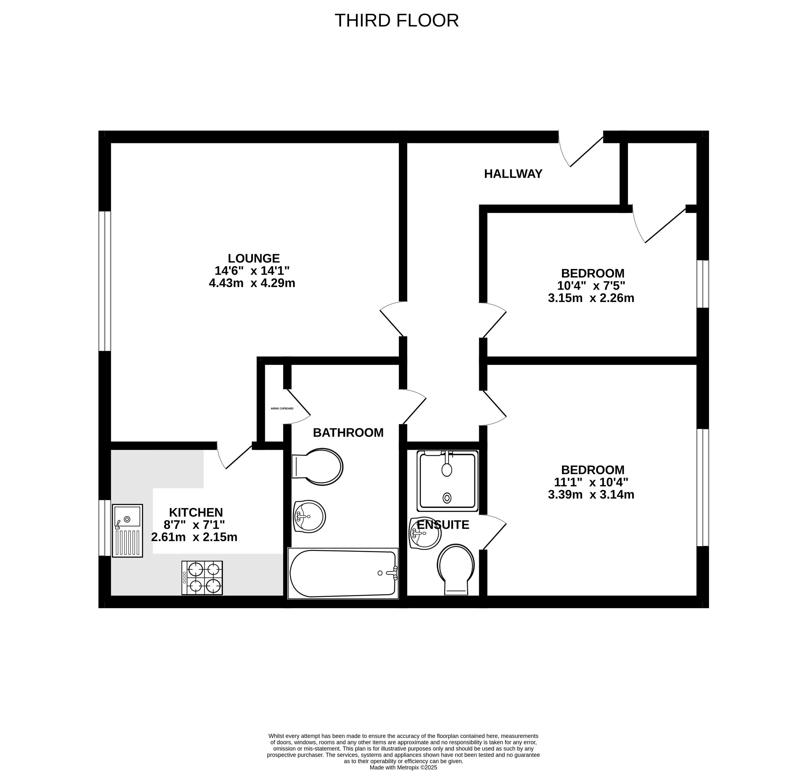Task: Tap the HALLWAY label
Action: [x=513, y=174]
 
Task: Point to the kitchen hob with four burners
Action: [x=202, y=578]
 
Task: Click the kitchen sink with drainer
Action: [x=127, y=530]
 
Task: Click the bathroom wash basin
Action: [x=309, y=517]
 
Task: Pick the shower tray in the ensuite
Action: [x=448, y=481]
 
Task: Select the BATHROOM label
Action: [x=348, y=432]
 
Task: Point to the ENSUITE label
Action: [x=443, y=525]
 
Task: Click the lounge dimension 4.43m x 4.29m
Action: [x=252, y=283]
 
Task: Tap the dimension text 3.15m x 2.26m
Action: [x=591, y=298]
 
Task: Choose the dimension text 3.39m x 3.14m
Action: [x=591, y=494]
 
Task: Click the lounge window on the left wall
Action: [x=105, y=281]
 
